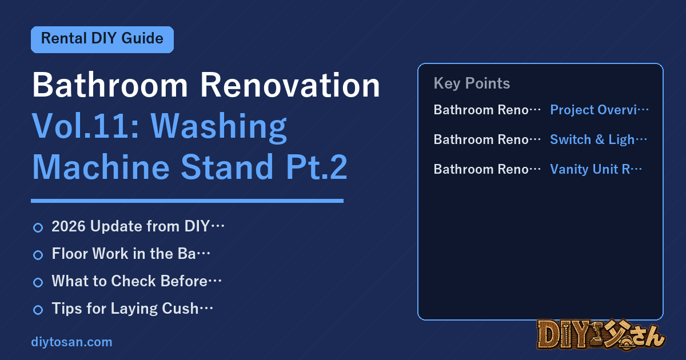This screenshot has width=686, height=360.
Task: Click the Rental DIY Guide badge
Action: pyautogui.click(x=102, y=39)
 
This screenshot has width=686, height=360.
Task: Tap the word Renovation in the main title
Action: pyautogui.click(x=290, y=85)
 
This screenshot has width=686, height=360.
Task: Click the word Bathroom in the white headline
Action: pyautogui.click(x=110, y=85)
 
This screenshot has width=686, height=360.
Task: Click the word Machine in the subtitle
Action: pyautogui.click(x=101, y=167)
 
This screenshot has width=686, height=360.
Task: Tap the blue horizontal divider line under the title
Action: pyautogui.click(x=187, y=201)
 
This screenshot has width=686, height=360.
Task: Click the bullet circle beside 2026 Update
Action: pyautogui.click(x=38, y=227)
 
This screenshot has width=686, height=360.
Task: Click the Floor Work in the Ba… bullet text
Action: pyautogui.click(x=131, y=254)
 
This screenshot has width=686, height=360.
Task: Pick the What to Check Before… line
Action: pyautogui.click(x=137, y=281)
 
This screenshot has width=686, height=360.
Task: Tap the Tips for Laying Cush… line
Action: pyautogui.click(x=132, y=309)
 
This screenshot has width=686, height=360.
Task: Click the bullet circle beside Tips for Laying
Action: pyautogui.click(x=38, y=310)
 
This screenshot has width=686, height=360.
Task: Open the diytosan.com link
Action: pyautogui.click(x=71, y=342)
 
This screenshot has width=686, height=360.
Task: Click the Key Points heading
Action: pyautogui.click(x=472, y=83)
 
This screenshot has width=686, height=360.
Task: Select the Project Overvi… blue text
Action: pyautogui.click(x=599, y=110)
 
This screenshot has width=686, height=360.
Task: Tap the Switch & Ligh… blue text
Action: pyautogui.click(x=599, y=139)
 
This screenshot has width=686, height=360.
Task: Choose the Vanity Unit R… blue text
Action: pyautogui.click(x=596, y=169)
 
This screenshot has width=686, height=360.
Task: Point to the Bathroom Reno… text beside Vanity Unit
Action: pyautogui.click(x=487, y=169)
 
